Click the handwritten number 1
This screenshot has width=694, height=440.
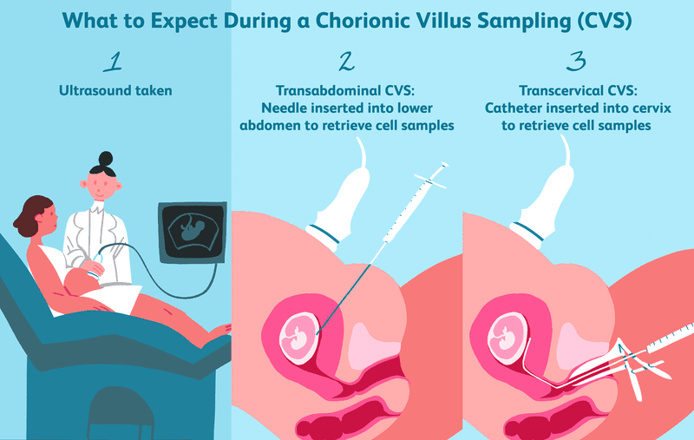pos(113,62)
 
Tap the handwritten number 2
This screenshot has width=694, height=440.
pos(346,62)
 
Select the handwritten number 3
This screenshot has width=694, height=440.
pos(576,62)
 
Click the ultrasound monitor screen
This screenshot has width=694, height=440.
pos(193,233)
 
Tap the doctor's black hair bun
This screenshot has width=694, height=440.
pos(106,158)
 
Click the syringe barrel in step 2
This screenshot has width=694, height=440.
pos(407,209)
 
